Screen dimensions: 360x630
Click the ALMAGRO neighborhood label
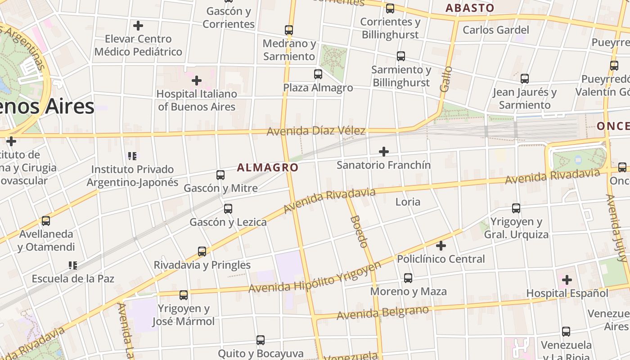(x=268, y=168)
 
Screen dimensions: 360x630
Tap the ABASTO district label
(x=469, y=8)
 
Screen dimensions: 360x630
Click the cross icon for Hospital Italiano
(x=197, y=81)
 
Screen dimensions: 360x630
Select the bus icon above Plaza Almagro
(x=318, y=74)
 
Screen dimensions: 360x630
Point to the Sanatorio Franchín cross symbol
(x=384, y=152)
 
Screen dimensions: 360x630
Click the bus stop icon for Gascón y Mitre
(x=220, y=175)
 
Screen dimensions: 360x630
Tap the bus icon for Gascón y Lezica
(x=228, y=209)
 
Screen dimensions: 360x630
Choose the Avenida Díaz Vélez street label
(x=316, y=131)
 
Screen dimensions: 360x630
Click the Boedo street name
(x=359, y=231)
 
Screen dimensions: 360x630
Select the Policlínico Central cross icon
(x=441, y=246)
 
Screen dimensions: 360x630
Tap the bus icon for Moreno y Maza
(x=408, y=278)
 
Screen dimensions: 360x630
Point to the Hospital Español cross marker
(x=567, y=280)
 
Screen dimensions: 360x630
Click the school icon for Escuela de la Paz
(x=73, y=265)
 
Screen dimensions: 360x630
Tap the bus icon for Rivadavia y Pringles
(x=202, y=252)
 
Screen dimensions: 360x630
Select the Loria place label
(x=408, y=202)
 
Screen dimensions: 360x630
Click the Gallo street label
(x=445, y=79)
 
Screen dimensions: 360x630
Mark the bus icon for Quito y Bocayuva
(x=261, y=340)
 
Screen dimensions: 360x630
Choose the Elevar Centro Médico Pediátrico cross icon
(x=138, y=26)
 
